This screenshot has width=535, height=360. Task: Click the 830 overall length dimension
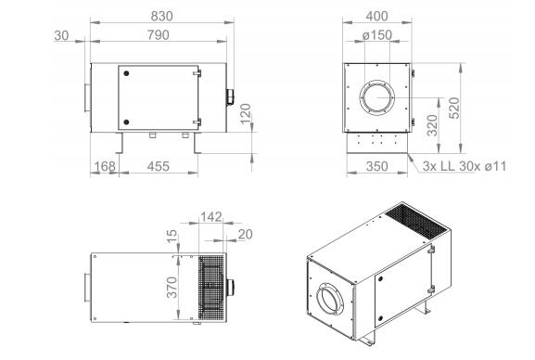coord(161,16)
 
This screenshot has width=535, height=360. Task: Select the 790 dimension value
coord(158,35)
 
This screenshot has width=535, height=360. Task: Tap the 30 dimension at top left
coord(61,35)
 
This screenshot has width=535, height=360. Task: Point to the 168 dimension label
coord(105,166)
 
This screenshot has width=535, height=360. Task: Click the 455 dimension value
coord(158,166)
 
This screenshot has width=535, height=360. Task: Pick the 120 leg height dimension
coord(246,114)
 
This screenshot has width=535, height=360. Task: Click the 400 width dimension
coord(376,16)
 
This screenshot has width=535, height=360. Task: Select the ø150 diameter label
coord(377,35)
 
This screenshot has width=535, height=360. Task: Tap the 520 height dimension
coord(454,108)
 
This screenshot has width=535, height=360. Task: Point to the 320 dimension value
coord(432,125)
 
